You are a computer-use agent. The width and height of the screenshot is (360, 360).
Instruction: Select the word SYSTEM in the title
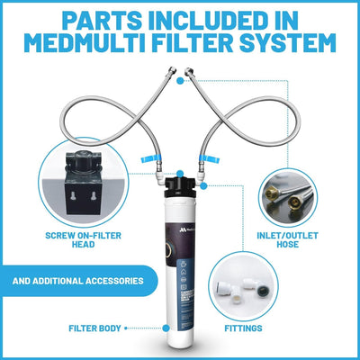click(287, 42)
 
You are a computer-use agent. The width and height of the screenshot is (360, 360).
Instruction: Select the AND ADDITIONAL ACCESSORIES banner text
click(79, 280)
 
